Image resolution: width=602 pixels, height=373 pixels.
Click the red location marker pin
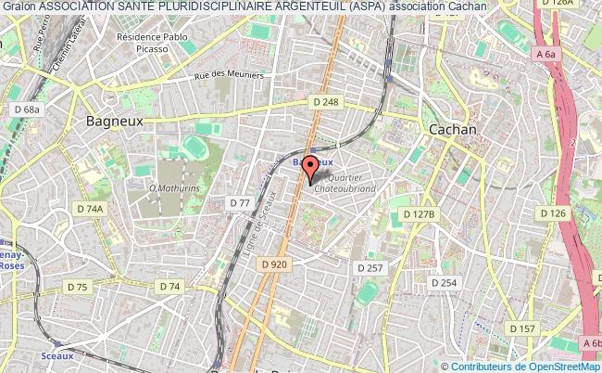click(310, 168)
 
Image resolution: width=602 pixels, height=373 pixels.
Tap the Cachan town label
click(452, 130)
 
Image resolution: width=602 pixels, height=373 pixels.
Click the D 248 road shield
click(325, 102)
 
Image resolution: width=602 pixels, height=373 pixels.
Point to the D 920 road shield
click(275, 264)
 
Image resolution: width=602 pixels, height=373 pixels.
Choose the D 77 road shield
click(240, 202)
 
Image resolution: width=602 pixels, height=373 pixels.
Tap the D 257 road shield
click(370, 267)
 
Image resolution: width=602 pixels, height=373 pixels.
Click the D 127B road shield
click(419, 214)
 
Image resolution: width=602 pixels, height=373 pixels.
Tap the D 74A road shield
click(90, 209)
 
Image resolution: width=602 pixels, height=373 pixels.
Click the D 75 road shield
click(77, 288)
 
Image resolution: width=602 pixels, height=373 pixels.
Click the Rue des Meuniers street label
click(229, 76)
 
